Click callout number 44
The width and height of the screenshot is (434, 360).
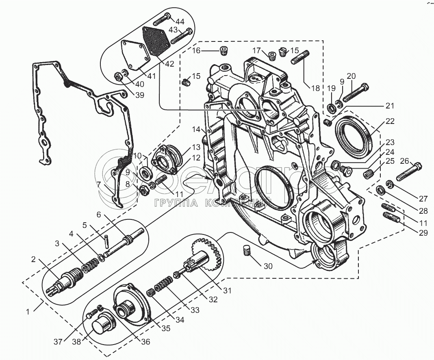[180, 21]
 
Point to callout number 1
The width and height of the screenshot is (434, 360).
[28, 312]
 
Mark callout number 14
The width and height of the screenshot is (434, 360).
[197, 129]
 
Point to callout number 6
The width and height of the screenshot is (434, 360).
[98, 215]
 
